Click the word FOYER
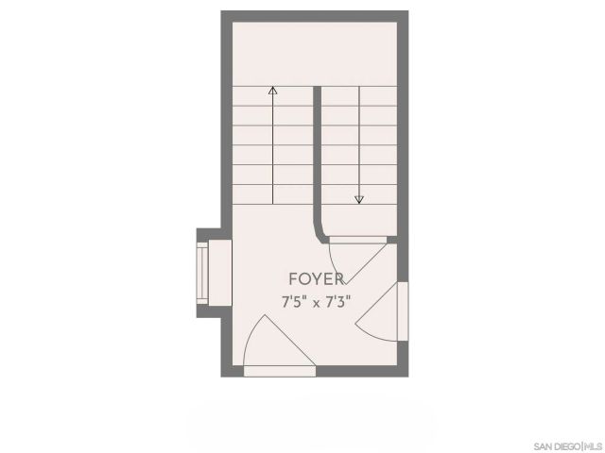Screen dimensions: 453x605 pos(316,278)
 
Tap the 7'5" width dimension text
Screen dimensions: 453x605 pos(298,302)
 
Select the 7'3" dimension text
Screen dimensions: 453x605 pos(337,302)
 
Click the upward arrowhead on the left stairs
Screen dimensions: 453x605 pos(273,92)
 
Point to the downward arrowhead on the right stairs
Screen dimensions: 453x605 pos(359,199)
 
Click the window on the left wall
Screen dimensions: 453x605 pos(202,271)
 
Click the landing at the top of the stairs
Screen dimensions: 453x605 pos(315,52)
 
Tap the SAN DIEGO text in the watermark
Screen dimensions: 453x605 pos(556,445)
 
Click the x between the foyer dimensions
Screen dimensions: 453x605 pos(317,303)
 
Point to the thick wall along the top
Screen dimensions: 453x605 pos(315,15)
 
